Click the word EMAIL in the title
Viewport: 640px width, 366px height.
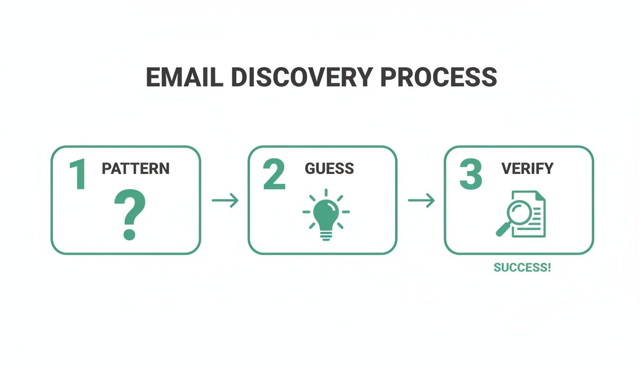pos(184,77)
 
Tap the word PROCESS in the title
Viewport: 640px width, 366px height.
pos(439,77)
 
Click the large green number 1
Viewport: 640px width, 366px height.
pos(78,175)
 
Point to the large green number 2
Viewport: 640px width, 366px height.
pos(274,175)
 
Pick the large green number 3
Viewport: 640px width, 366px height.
pos(470,175)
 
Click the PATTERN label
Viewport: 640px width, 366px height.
pos(136,168)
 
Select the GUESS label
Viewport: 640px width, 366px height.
pos(329,168)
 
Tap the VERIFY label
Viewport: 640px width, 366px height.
pos(527,168)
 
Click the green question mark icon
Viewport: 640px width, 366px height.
pos(130,212)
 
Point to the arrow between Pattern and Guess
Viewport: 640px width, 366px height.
pos(225,201)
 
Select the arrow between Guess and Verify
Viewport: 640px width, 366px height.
pos(421,201)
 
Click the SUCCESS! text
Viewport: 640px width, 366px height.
pos(522,267)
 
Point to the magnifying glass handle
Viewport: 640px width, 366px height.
pos(502,230)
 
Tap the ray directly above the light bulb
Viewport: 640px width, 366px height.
pos(326,192)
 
